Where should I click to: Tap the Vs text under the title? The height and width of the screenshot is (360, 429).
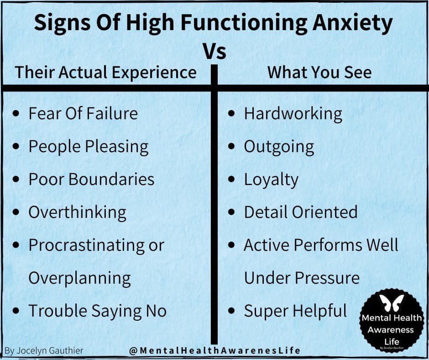pyautogui.click(x=214, y=52)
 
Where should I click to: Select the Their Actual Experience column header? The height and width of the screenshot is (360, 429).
pyautogui.click(x=106, y=73)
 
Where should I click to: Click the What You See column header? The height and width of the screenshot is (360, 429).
pyautogui.click(x=319, y=73)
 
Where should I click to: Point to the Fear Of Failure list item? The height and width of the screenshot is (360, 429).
pyautogui.click(x=83, y=113)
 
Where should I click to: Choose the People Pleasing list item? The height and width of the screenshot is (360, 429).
pyautogui.click(x=89, y=147)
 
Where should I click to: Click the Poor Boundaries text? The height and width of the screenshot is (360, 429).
pyautogui.click(x=91, y=179)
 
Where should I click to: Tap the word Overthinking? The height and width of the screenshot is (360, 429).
pyautogui.click(x=77, y=212)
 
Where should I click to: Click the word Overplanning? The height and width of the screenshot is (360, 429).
pyautogui.click(x=79, y=278)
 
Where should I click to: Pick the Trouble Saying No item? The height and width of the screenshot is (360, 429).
pyautogui.click(x=97, y=311)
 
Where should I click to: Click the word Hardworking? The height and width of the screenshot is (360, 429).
pyautogui.click(x=293, y=114)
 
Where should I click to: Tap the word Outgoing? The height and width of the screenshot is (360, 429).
pyautogui.click(x=279, y=147)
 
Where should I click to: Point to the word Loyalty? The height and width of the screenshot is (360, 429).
pyautogui.click(x=271, y=180)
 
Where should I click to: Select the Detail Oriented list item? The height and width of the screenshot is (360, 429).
pyautogui.click(x=301, y=212)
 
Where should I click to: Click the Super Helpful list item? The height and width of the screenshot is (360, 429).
pyautogui.click(x=295, y=311)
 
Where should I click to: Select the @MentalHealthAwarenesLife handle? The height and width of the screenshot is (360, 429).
pyautogui.click(x=214, y=350)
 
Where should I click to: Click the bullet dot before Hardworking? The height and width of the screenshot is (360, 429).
pyautogui.click(x=232, y=113)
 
